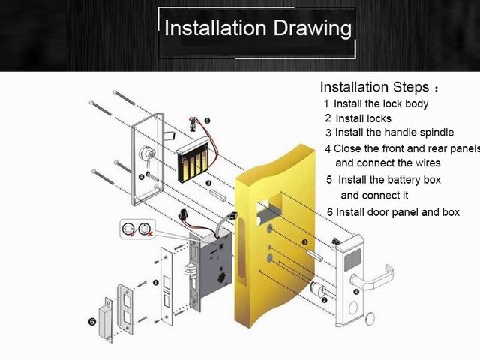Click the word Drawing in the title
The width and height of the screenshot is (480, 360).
pos(312,28)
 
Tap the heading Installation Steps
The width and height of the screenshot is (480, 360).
pos(374,87)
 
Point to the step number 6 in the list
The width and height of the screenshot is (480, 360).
pos(330,212)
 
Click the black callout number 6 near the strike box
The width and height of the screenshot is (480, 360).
pos(92,322)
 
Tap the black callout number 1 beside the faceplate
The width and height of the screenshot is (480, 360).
pos(156,282)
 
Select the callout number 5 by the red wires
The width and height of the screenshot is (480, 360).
pos(207,121)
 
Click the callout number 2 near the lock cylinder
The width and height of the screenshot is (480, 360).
pos(324,300)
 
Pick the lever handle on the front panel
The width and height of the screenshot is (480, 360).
pos(373,279)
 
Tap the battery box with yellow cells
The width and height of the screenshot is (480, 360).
pos(193,160)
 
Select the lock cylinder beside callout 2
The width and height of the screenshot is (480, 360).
pos(318,289)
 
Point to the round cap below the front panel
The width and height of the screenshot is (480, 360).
pos(370,319)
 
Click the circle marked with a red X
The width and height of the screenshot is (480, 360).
pos(144,229)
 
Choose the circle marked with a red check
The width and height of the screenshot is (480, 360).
pos(128,229)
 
